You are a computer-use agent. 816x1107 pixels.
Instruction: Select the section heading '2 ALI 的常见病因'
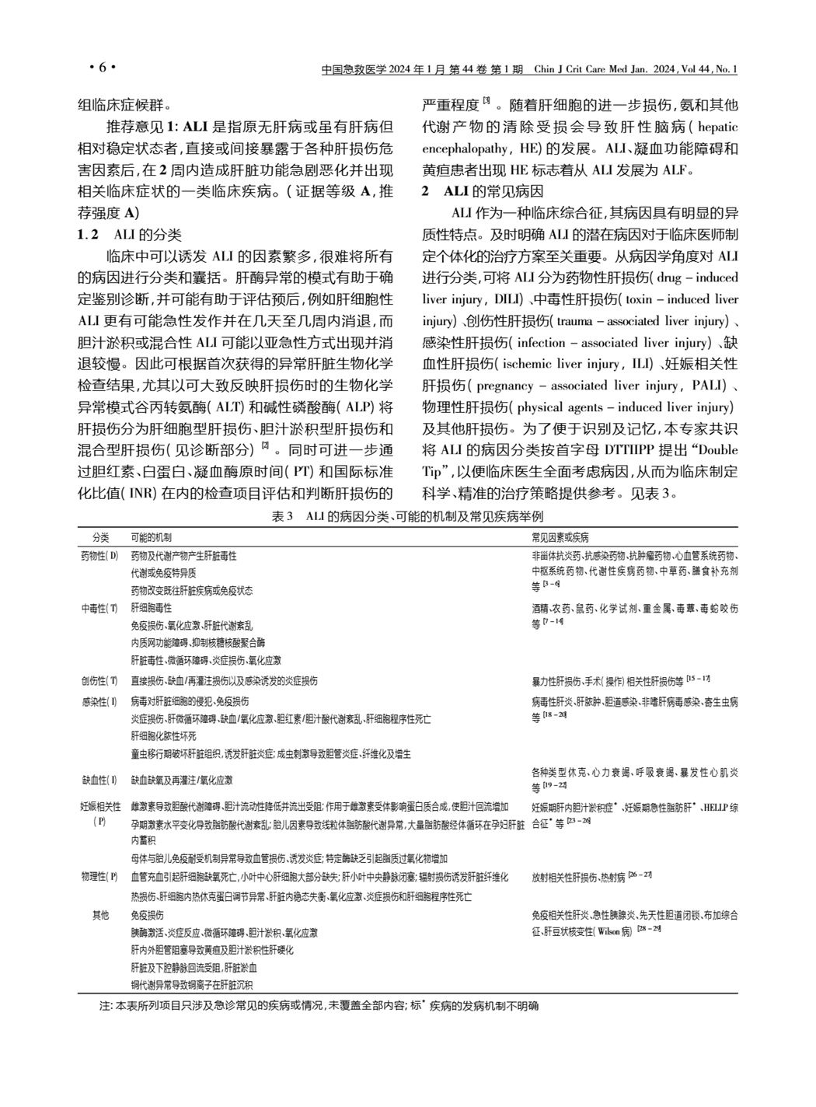483,191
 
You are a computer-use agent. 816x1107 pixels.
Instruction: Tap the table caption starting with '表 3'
408,517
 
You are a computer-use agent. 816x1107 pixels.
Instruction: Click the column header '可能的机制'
152,537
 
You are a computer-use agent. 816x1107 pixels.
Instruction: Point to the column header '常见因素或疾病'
560,537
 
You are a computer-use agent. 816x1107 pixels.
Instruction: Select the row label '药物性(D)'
101,556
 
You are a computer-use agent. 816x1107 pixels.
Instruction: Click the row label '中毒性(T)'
101,608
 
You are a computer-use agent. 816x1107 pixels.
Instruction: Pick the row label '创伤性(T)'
101,681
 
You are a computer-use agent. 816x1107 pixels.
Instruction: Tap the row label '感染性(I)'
101,701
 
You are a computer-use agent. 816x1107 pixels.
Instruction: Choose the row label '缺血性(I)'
101,780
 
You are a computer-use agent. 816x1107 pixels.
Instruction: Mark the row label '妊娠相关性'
101,807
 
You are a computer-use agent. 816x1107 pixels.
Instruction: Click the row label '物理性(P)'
101,877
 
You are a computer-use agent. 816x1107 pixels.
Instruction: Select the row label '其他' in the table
101,915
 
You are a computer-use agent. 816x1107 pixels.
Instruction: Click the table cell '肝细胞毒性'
152,608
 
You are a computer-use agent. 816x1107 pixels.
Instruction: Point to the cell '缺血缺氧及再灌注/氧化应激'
182,780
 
